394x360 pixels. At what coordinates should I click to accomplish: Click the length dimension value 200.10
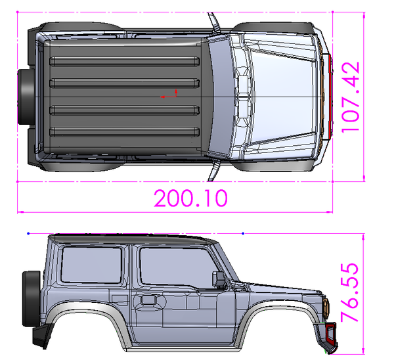(190, 198)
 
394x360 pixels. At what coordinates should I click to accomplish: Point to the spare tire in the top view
(26, 97)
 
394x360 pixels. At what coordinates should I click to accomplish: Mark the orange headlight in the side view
(326, 306)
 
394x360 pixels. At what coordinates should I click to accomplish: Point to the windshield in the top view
(227, 97)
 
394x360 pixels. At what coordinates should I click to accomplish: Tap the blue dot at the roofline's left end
(28, 233)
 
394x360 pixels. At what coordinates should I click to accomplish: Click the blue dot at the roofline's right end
(244, 233)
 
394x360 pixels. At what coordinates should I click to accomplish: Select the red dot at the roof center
(164, 97)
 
